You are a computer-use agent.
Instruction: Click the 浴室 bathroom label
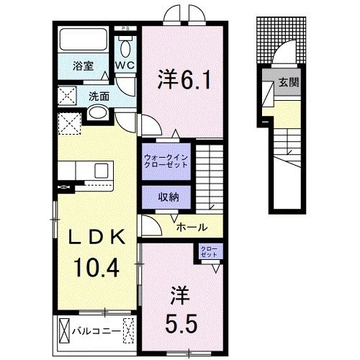pos(83,66)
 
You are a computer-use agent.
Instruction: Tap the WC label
pos(125,66)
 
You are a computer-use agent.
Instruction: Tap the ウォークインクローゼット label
pos(166,159)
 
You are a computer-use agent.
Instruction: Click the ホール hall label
pos(192,226)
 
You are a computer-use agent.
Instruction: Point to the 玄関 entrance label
pos(289,82)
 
